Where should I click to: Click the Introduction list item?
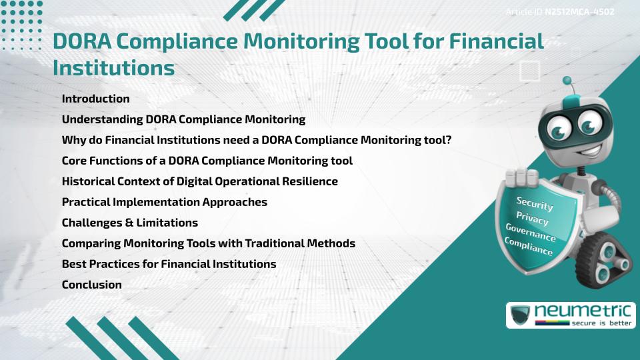[95, 99]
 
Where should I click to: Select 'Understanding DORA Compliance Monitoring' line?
[183, 119]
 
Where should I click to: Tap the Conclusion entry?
[91, 285]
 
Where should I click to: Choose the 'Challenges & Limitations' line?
[129, 223]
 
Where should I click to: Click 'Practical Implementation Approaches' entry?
[164, 202]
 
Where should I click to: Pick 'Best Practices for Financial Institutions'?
[169, 264]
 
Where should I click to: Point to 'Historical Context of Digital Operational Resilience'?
[199, 181]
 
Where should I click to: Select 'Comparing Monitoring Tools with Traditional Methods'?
[208, 243]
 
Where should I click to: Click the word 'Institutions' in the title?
[113, 67]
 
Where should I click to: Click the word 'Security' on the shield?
[535, 203]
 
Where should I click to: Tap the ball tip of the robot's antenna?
[567, 81]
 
